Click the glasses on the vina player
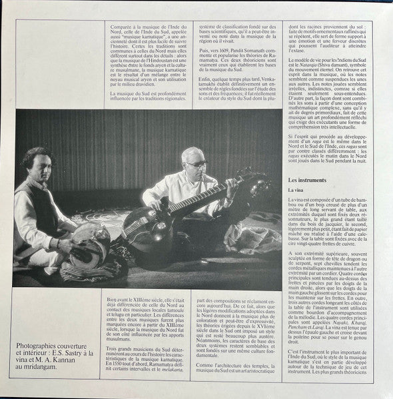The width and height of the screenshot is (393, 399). coord(196,163)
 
